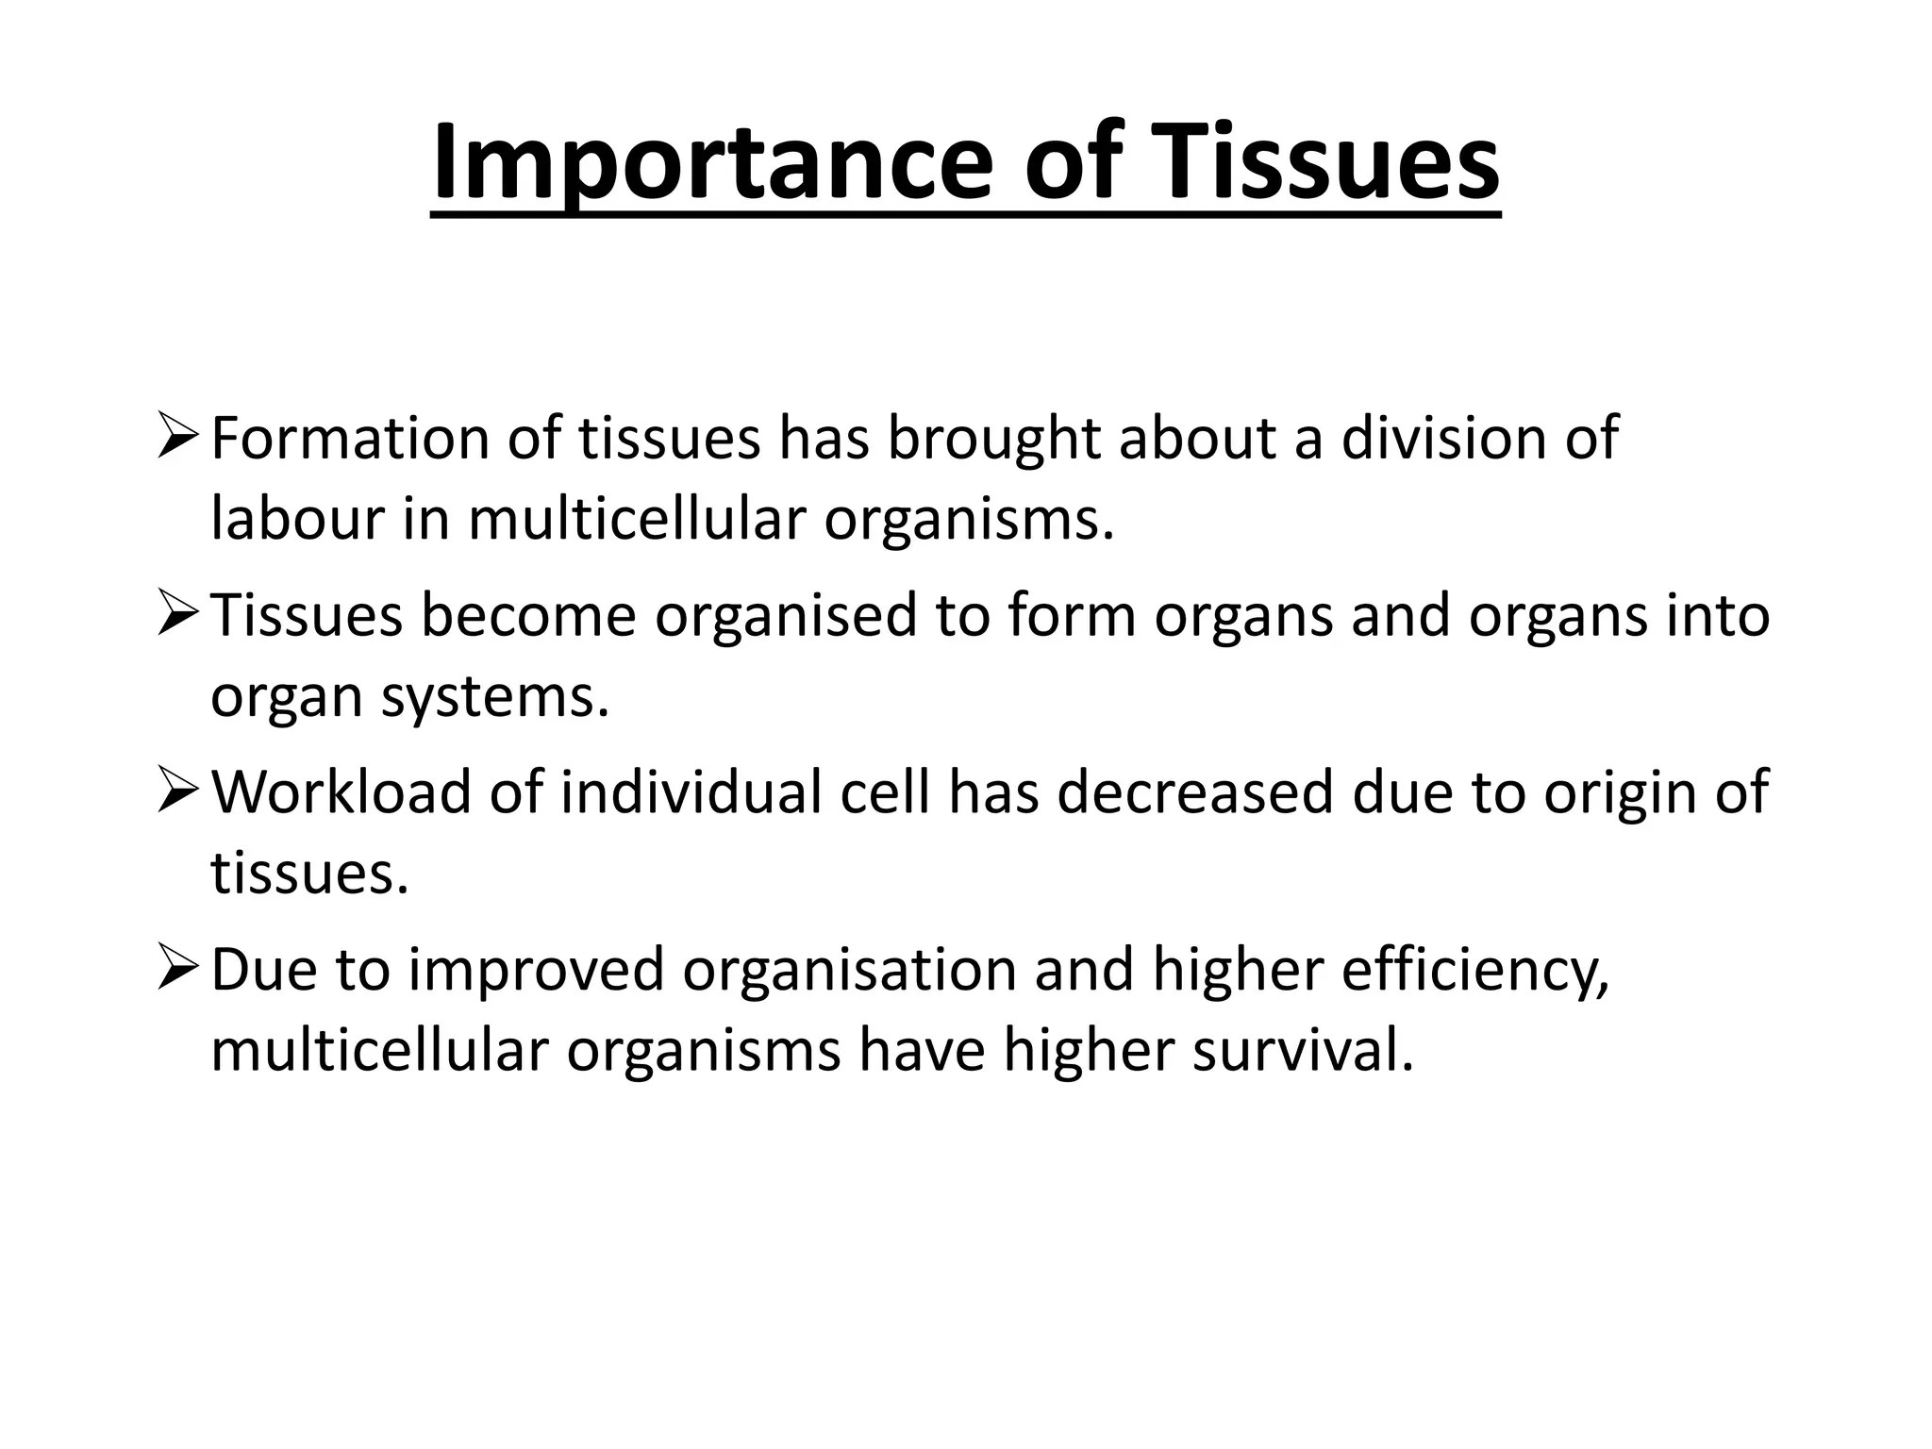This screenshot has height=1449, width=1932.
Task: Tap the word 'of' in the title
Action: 1075,162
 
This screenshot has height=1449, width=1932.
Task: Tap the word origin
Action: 1618,792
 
